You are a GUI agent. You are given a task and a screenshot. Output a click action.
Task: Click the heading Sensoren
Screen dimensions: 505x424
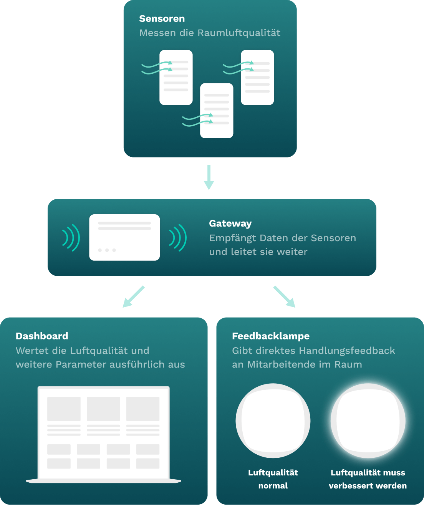[162, 19]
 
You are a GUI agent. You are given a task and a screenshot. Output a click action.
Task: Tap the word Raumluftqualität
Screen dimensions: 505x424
[239, 33]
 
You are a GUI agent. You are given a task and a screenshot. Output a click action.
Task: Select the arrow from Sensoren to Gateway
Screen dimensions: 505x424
[209, 177]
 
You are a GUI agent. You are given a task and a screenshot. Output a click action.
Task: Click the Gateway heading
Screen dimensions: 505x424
[230, 224]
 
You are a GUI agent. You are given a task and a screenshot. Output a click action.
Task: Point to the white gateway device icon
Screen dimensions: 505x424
[124, 237]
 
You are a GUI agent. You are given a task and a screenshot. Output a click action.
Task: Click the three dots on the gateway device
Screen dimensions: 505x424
[107, 250]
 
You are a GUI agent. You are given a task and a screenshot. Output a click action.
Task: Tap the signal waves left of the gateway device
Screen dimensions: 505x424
[71, 238]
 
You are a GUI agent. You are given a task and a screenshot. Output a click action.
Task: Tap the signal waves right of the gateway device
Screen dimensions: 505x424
[178, 238]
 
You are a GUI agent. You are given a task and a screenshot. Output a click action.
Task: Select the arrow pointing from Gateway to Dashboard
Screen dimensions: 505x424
[133, 296]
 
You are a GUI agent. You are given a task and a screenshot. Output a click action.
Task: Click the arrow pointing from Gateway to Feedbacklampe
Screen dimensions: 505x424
[284, 296]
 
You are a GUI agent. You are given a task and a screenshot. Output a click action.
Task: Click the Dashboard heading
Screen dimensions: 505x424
[42, 336]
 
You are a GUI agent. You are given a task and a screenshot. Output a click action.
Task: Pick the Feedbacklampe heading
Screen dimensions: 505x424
[270, 336]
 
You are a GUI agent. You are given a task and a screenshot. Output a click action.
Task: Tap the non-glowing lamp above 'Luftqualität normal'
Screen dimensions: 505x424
[273, 421]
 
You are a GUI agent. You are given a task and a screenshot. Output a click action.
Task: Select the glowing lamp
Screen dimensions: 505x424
[368, 421]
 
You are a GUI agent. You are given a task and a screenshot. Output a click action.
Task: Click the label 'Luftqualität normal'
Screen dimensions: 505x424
[273, 479]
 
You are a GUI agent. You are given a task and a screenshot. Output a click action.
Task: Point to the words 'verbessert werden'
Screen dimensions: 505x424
[368, 486]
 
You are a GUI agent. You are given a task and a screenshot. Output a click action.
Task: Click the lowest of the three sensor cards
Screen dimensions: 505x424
[217, 111]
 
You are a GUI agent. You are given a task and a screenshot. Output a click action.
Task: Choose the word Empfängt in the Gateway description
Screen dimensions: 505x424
[232, 238]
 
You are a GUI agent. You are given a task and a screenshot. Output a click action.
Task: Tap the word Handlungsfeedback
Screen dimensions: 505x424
[347, 351]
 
